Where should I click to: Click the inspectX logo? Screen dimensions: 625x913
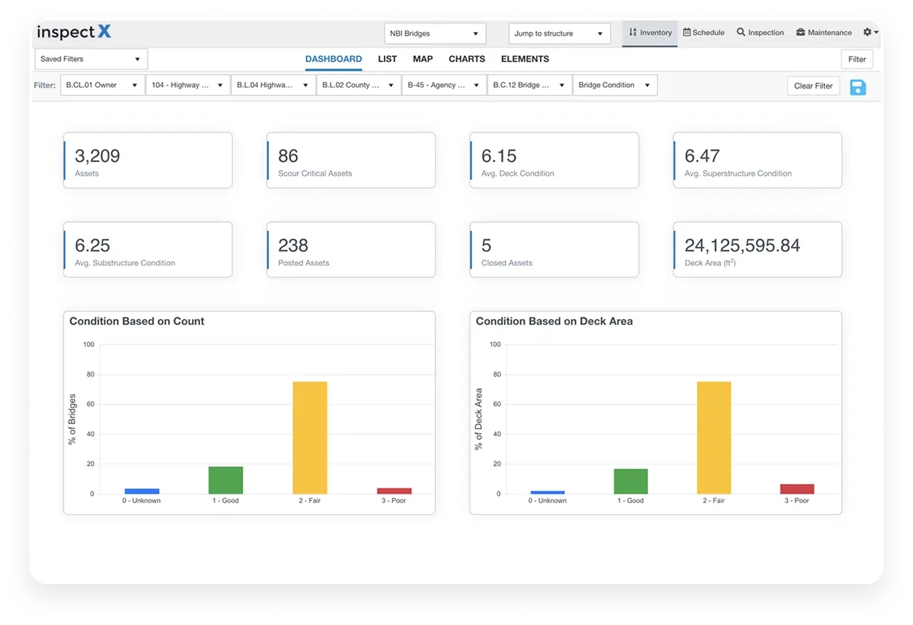coord(74,33)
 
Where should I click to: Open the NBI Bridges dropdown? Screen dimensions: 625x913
coord(434,34)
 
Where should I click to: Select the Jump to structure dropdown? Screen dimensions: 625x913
coord(559,34)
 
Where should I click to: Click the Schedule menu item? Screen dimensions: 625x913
coord(704,33)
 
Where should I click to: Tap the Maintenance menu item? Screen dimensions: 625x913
coord(824,33)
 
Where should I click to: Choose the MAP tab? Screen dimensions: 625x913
coord(423,59)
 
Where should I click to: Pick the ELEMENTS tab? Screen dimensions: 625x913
coord(525,59)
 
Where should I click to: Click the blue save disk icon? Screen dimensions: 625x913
coord(858,88)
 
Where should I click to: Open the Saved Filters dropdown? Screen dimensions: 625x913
coord(91,59)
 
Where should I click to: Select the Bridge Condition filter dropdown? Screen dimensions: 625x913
coord(615,85)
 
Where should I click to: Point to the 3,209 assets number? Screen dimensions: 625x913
coord(97,156)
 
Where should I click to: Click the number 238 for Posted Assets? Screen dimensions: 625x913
coord(293,245)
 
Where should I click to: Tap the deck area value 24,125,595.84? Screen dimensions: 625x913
coord(742,245)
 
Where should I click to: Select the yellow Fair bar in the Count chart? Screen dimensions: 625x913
coord(309,437)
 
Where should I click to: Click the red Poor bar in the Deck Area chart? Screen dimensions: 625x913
coord(797,488)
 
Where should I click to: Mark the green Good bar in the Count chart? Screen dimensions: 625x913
coord(226,480)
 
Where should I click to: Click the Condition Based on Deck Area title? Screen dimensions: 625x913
coord(554,321)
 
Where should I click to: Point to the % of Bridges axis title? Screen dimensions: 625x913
coord(72,419)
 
